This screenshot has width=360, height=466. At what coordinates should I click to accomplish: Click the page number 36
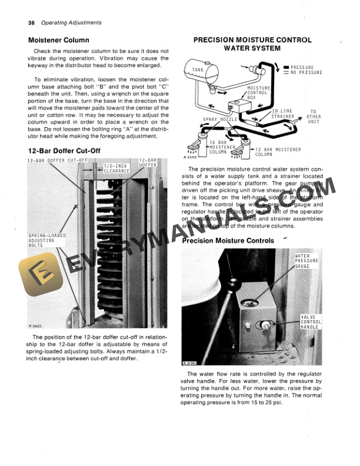pos(31,23)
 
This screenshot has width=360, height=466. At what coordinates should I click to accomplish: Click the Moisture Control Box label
pos(258,92)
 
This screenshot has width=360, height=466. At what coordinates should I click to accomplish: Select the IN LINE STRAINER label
pos(282,114)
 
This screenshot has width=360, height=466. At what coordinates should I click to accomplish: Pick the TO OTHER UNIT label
pos(314,116)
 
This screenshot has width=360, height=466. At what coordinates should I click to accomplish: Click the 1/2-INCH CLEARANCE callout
pos(116,169)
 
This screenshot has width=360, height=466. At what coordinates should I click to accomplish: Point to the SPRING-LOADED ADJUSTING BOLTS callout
pos(47,240)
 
